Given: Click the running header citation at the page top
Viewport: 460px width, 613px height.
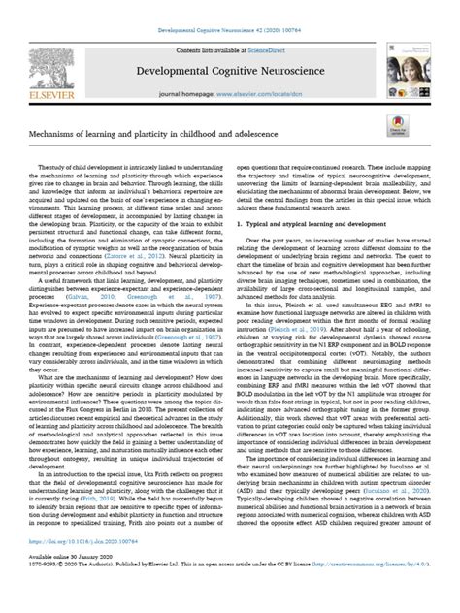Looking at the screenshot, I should pyautogui.click(x=230, y=8).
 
